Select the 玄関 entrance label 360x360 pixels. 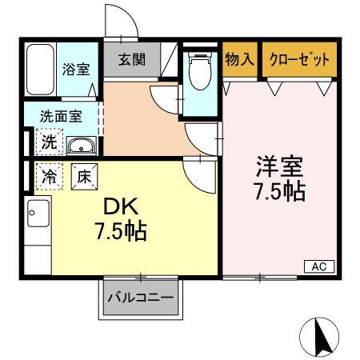[x=133, y=60]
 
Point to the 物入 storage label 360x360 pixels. [x=240, y=60]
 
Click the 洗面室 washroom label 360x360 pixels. [x=61, y=116]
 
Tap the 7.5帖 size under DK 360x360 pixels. [x=118, y=232]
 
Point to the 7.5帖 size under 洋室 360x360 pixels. [x=279, y=192]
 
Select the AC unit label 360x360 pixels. [x=318, y=266]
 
